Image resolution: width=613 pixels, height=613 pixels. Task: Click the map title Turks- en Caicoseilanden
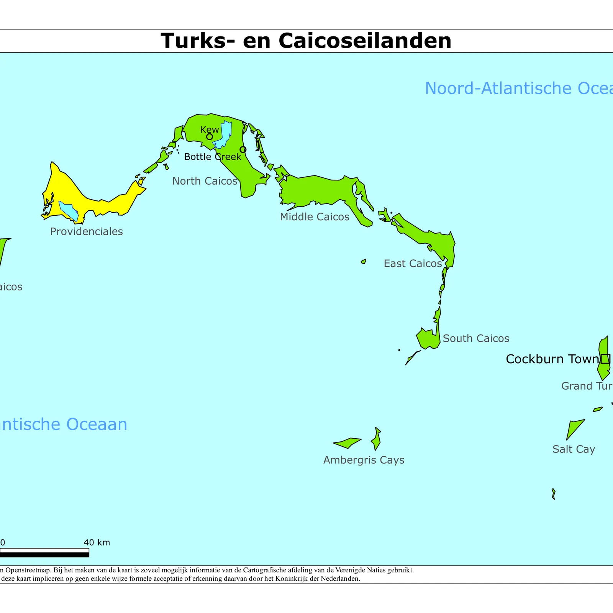[306, 41]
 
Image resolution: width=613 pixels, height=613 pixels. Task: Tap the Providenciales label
[86, 231]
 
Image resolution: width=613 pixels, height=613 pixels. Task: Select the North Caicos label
[205, 181]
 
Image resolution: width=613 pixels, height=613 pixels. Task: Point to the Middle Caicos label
[315, 217]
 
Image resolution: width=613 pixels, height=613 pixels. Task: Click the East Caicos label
[413, 264]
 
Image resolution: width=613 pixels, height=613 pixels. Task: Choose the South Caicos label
[476, 338]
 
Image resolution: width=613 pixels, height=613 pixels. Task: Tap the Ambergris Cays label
[364, 460]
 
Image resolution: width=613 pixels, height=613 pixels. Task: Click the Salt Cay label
[574, 449]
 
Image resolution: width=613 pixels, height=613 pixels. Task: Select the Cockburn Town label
[552, 359]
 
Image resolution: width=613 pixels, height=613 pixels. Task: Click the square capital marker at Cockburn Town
[605, 359]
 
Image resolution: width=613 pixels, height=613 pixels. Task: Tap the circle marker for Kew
[210, 137]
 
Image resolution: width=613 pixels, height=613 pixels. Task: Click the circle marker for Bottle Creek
[243, 149]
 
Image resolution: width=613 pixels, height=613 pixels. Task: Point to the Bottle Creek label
[213, 157]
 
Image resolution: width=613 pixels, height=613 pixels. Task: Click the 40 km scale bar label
[97, 543]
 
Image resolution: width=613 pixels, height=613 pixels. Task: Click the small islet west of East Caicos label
[364, 262]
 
